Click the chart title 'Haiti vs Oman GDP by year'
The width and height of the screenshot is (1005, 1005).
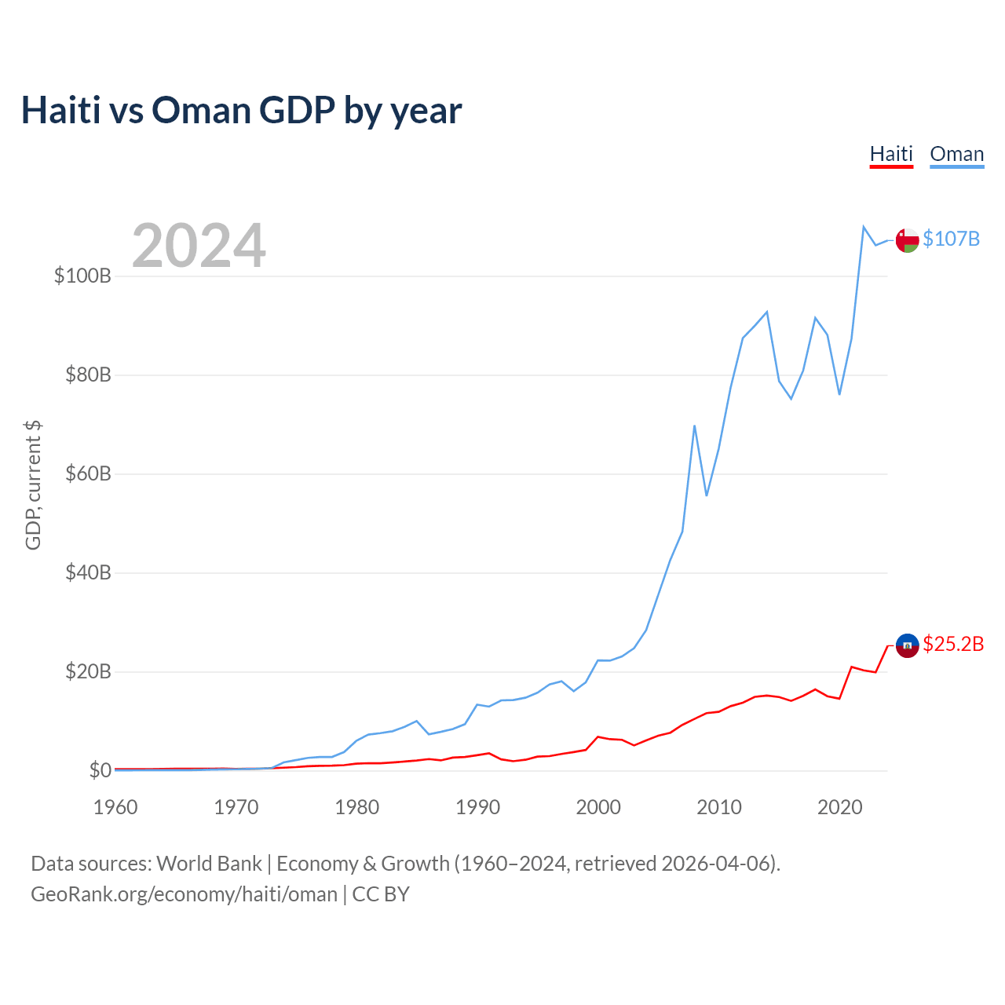[241, 110]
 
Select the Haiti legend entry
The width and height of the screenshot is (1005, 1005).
[891, 154]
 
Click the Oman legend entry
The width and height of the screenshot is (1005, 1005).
[956, 154]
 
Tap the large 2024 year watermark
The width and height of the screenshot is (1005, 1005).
[199, 246]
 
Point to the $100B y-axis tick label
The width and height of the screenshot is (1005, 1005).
[82, 276]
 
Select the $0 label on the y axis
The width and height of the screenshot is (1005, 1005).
[100, 770]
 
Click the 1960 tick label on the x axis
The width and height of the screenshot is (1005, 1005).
[115, 807]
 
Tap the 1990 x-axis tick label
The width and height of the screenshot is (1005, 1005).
[477, 807]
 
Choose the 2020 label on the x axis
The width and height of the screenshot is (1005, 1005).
[839, 807]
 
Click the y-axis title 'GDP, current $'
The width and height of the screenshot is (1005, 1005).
[33, 485]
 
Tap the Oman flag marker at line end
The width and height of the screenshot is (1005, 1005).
[907, 240]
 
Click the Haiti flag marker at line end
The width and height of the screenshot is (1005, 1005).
[907, 645]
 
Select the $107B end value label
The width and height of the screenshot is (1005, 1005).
[951, 239]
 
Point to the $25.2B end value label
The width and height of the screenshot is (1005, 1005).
[953, 644]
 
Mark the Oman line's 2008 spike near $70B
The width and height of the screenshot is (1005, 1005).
[694, 426]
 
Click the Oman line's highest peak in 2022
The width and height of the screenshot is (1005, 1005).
[864, 227]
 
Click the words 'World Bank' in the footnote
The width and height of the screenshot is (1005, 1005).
[209, 864]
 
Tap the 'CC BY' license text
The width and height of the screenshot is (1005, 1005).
[381, 894]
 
